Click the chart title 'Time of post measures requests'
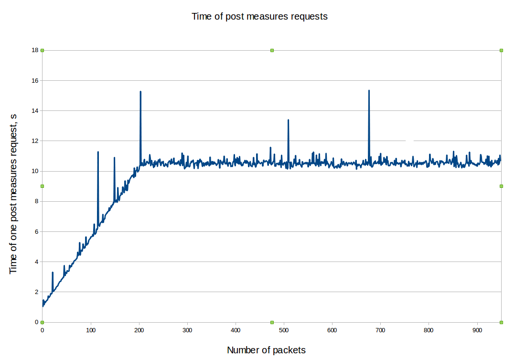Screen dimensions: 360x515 point(259,16)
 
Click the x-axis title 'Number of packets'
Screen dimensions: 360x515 point(266,350)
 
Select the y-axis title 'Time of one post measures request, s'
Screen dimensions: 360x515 point(13,186)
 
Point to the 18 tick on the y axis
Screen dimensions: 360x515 point(35,50)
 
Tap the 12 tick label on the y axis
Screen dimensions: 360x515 point(35,141)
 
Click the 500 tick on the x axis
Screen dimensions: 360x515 point(284,330)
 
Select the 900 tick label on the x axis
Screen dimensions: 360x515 point(477,330)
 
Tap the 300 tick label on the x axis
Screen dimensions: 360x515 point(187,330)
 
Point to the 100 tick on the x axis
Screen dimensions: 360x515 point(91,330)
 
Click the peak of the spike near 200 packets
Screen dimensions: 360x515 point(140,91)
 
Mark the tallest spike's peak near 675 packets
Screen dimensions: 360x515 point(369,90)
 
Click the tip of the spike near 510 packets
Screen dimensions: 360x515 point(288,120)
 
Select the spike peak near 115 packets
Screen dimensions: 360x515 point(98,152)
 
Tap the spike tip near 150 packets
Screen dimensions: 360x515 point(114,157)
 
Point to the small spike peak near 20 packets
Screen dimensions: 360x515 point(53,273)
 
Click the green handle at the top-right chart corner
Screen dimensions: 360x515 point(501,50)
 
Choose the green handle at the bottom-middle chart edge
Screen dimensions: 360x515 point(272,322)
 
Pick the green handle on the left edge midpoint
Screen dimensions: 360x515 point(42,186)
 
